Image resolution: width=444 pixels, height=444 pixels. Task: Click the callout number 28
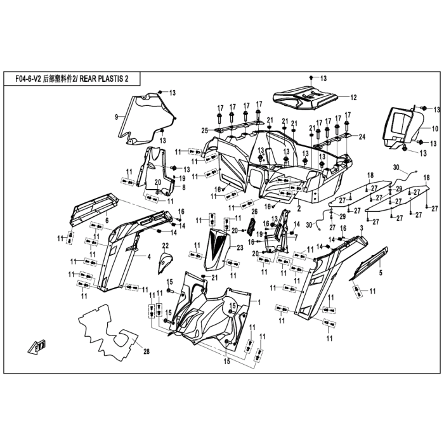[146, 351]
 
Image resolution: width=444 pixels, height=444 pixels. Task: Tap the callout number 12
[353, 98]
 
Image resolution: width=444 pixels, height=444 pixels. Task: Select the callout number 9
[116, 117]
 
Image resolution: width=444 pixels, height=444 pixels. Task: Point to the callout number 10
[435, 129]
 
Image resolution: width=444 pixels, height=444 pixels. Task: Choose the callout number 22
[166, 245]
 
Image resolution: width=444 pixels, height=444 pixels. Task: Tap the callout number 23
[240, 248]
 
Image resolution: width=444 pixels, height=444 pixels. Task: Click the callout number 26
[254, 211]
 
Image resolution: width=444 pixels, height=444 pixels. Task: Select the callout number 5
[381, 273]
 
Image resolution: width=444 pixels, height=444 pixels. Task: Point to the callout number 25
[205, 131]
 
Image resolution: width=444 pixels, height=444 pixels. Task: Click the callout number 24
[362, 137]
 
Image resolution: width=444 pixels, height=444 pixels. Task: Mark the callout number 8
[183, 187]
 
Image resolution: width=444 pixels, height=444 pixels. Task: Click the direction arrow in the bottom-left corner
[37, 346]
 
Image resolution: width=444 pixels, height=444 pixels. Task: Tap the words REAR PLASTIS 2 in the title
[103, 79]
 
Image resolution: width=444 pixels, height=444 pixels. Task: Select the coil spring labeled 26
[251, 226]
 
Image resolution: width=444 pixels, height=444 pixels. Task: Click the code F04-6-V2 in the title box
[28, 79]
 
